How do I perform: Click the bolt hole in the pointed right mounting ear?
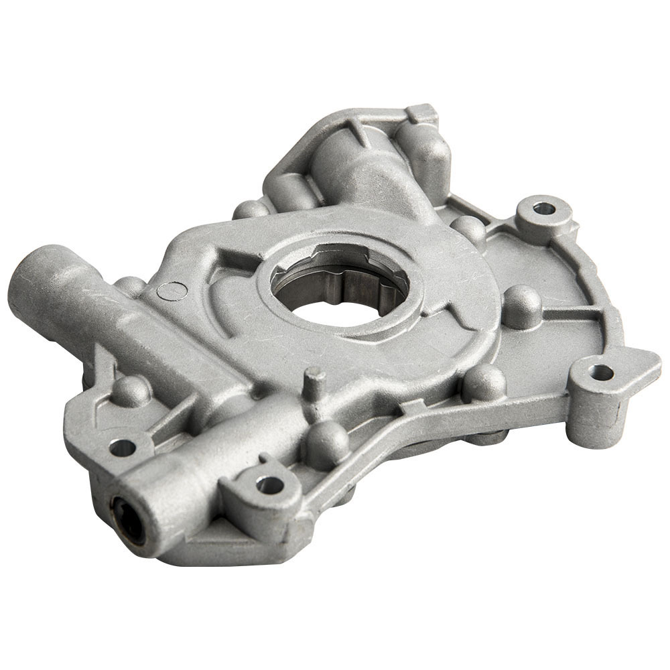[x=602, y=373]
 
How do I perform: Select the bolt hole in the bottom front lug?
[x=270, y=484]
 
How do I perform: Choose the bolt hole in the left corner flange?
[x=122, y=447]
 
